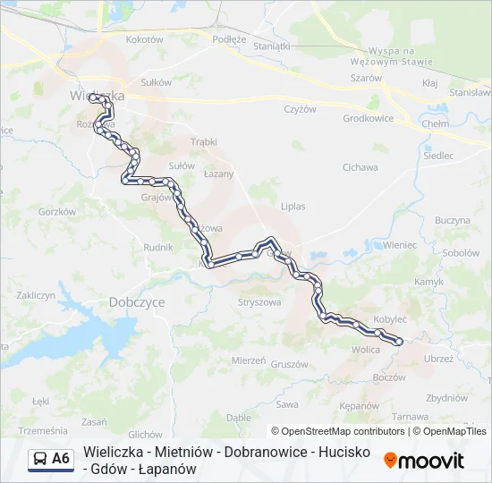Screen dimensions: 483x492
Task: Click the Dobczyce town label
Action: coord(137,302)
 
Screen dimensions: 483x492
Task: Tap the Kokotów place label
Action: coord(144,39)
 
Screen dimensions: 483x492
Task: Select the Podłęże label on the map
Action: coord(229,39)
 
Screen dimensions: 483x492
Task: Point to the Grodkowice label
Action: coord(369,118)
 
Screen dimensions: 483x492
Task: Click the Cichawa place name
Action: coord(361,167)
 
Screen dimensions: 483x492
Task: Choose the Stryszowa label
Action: coord(259,302)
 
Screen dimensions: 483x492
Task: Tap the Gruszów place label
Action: coord(289,364)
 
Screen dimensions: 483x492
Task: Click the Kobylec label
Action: coord(390,318)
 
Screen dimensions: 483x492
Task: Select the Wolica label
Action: coord(366,350)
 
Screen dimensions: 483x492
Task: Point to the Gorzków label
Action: coord(56,211)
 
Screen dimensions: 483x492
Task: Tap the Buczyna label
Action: coord(453,220)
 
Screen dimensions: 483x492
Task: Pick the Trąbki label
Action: coord(204,141)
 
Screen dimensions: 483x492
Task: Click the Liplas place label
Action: coord(293,207)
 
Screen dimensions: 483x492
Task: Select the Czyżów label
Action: coord(300,109)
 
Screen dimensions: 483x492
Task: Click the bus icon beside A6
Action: coord(40,459)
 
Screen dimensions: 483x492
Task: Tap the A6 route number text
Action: coord(61,459)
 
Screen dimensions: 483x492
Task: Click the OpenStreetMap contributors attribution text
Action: coord(338,431)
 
